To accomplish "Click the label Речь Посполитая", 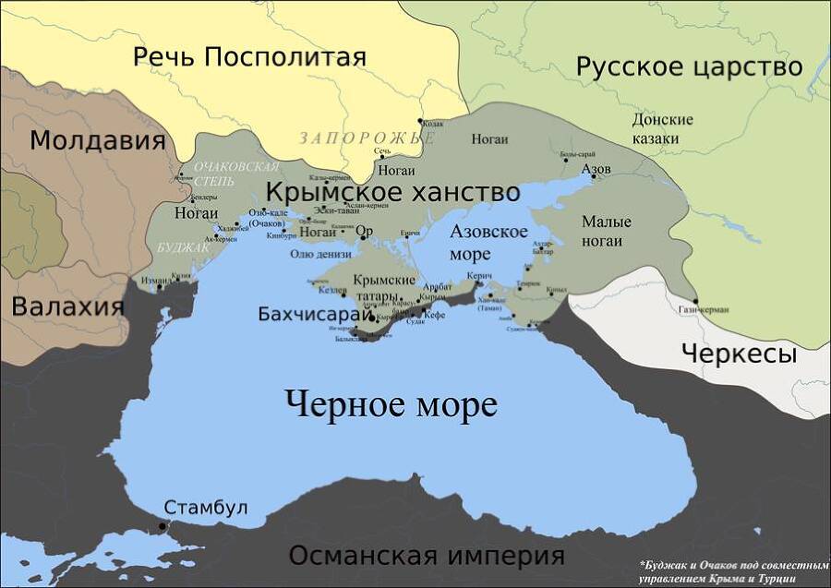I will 249,57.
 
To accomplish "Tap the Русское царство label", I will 689,66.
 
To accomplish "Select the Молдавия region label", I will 98,140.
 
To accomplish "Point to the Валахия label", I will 67,306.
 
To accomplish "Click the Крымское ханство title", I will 392,193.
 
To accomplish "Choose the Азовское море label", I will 488,242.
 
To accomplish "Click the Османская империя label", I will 426,556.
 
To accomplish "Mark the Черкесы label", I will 739,353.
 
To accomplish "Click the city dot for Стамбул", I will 163,526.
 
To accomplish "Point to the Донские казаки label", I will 662,129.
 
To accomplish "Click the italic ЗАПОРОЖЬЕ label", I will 366,138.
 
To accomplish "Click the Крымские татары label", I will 384,287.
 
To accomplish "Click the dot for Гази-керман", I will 696,301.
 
